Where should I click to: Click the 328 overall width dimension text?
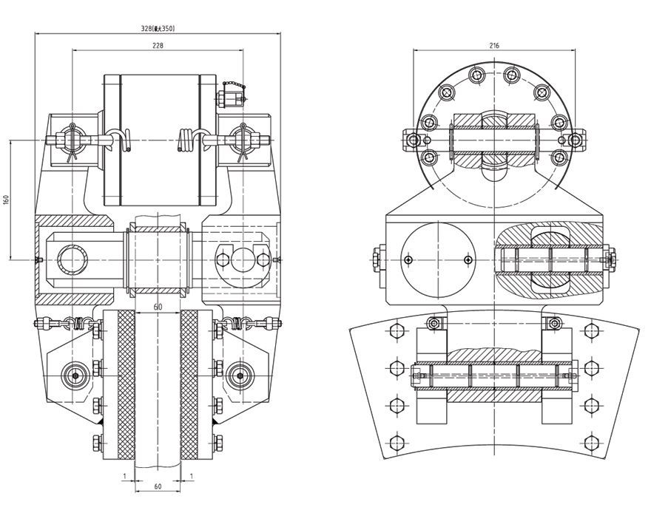click(x=158, y=29)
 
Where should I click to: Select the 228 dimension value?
click(x=158, y=45)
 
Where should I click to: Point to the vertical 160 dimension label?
click(x=6, y=200)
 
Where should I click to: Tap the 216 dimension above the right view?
click(x=494, y=46)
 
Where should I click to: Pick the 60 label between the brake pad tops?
click(x=157, y=306)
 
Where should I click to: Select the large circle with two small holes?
click(x=436, y=259)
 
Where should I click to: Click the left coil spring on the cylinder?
click(x=124, y=140)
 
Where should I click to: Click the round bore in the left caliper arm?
click(x=72, y=259)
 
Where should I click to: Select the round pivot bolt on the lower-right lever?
click(x=240, y=375)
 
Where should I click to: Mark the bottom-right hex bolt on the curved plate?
click(x=592, y=443)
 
